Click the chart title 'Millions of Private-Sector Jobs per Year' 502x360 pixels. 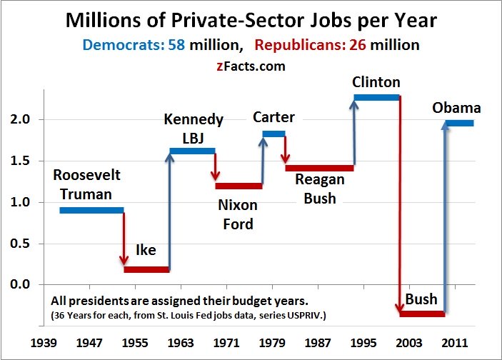(x=251, y=20)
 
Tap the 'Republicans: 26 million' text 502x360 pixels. (x=337, y=45)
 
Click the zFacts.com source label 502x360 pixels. (x=251, y=66)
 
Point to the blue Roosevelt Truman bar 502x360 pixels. (x=91, y=210)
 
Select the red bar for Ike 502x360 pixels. (x=146, y=270)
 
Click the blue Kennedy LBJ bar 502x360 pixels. (x=192, y=151)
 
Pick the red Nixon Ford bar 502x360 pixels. (x=239, y=186)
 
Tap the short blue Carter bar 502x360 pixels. (x=273, y=134)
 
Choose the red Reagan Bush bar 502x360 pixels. (x=319, y=168)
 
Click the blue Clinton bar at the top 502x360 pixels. (x=376, y=96)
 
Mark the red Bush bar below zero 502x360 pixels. (x=422, y=314)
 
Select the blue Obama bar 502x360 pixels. (x=458, y=123)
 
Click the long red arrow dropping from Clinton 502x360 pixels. (x=400, y=207)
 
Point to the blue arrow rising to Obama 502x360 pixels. (x=446, y=214)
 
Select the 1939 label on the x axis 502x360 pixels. (x=44, y=343)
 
